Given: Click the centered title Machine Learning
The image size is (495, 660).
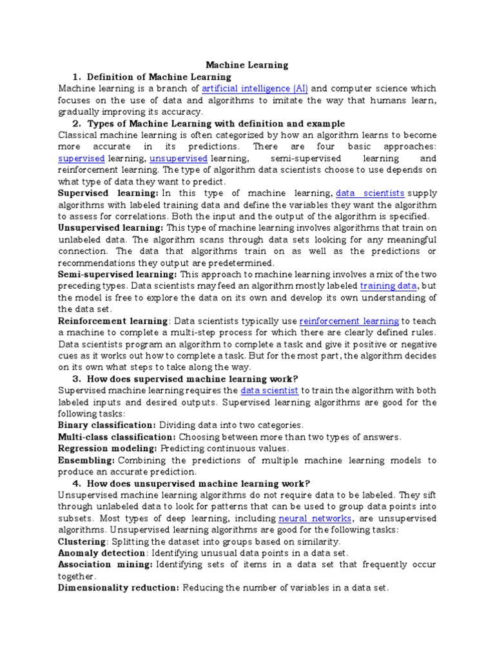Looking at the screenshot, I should pyautogui.click(x=247, y=65).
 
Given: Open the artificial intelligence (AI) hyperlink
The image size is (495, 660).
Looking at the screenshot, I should pyautogui.click(x=255, y=88).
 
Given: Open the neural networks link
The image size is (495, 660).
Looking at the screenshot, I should pyautogui.click(x=315, y=518).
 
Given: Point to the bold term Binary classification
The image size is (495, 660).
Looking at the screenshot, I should pyautogui.click(x=106, y=425).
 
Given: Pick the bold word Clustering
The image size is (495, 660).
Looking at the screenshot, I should pyautogui.click(x=82, y=541).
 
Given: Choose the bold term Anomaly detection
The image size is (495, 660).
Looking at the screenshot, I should pyautogui.click(x=101, y=552).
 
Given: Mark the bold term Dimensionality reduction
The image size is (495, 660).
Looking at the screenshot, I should pyautogui.click(x=119, y=587).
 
